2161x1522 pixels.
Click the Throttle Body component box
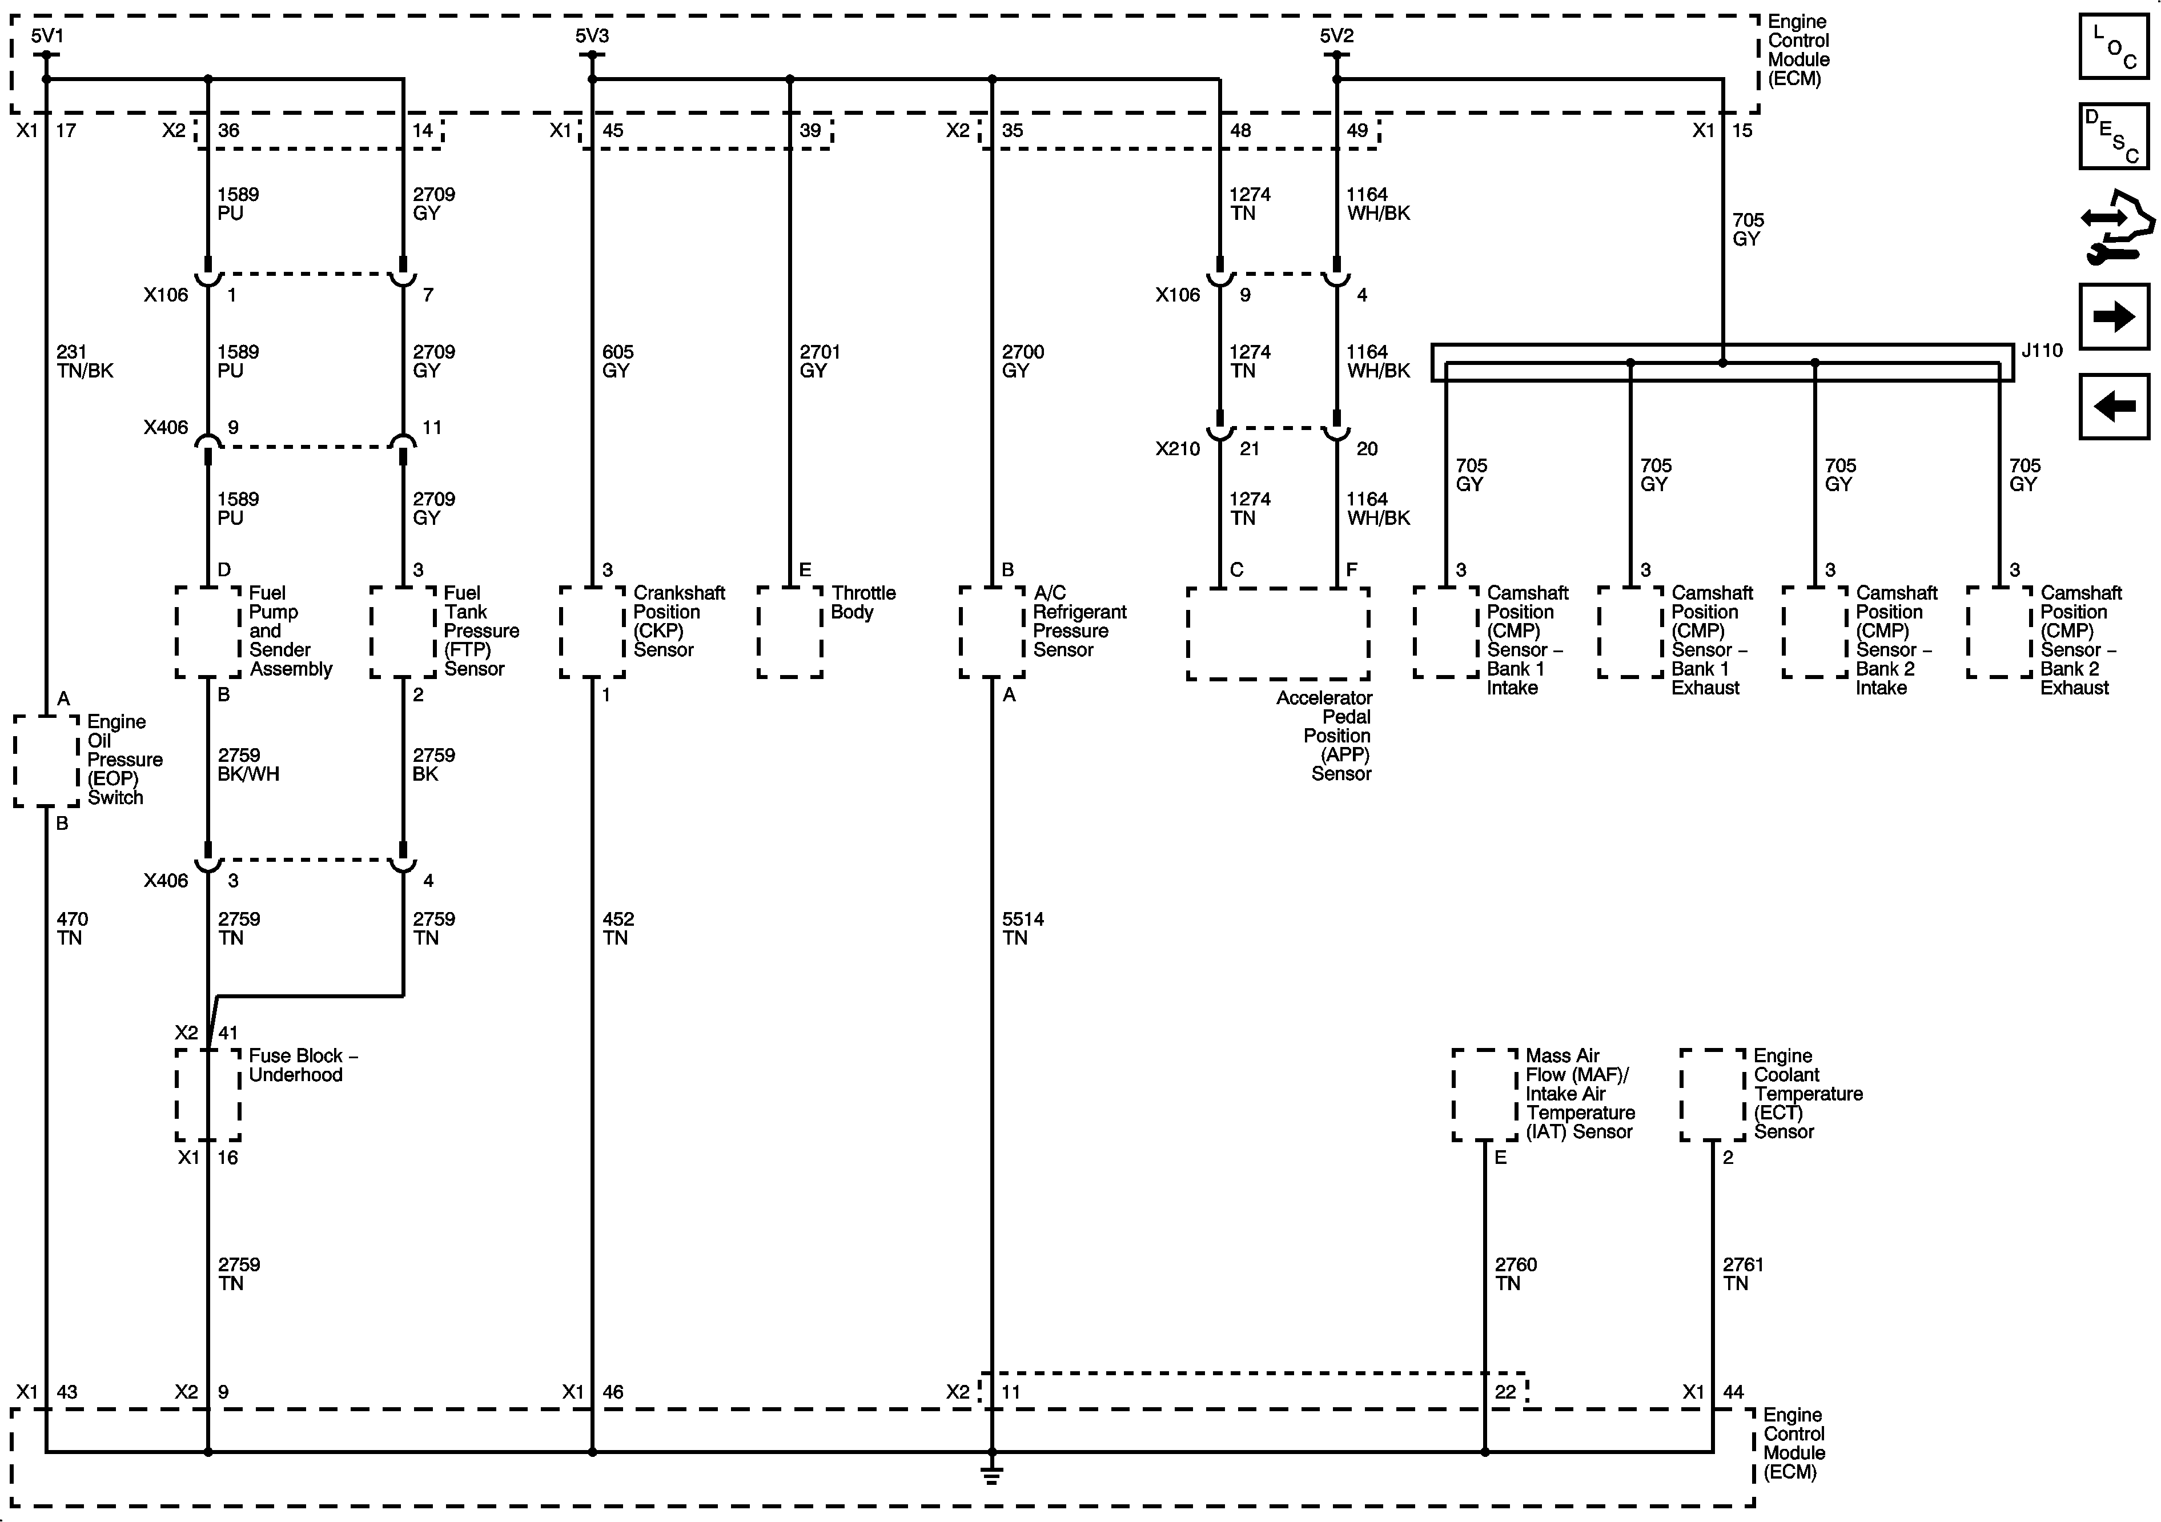pyautogui.click(x=790, y=632)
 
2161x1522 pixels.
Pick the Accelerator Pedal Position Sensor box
pyautogui.click(x=1277, y=633)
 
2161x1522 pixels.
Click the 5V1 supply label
pyautogui.click(x=47, y=36)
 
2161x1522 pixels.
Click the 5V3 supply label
pyautogui.click(x=592, y=36)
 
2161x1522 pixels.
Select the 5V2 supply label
pyautogui.click(x=1336, y=36)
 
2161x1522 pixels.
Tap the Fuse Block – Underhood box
pyautogui.click(x=208, y=1095)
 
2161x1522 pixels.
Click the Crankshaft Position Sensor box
pyautogui.click(x=592, y=632)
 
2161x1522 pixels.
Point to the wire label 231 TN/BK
pyautogui.click(x=84, y=362)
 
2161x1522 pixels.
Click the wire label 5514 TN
pyautogui.click(x=1022, y=928)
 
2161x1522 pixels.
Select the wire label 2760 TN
pyautogui.click(x=1515, y=1274)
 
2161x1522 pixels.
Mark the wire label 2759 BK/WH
pyautogui.click(x=248, y=764)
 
